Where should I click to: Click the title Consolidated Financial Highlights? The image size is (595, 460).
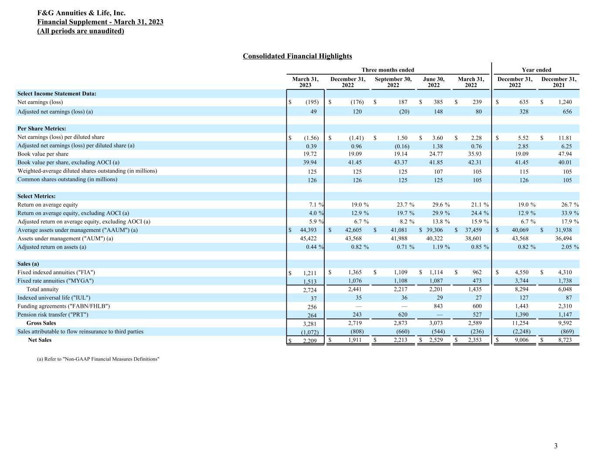[x=297, y=56]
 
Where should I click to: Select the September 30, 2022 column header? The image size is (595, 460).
[x=393, y=82]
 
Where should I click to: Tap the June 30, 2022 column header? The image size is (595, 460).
[x=433, y=82]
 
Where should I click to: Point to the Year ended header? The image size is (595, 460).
[x=536, y=70]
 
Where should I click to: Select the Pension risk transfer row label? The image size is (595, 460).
[x=53, y=314]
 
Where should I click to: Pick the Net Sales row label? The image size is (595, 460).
[x=39, y=340]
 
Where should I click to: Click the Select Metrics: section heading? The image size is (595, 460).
[x=36, y=196]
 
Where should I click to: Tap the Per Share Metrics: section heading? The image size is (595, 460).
[x=41, y=129]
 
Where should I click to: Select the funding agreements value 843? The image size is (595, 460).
[x=439, y=306]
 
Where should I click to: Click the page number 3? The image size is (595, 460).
[x=555, y=446]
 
